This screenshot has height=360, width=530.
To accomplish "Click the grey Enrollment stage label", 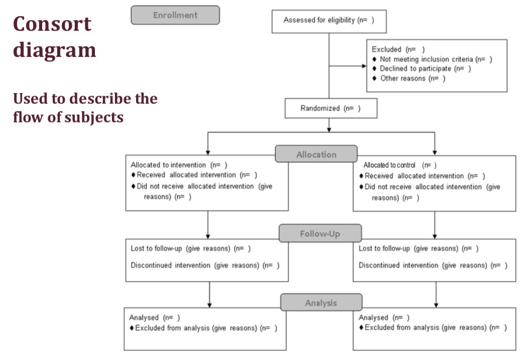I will point(175,15).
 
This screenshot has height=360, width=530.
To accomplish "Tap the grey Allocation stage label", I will point(316,154).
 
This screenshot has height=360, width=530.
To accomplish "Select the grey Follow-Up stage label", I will point(320,234).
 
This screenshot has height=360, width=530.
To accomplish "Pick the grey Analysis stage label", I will point(321,303).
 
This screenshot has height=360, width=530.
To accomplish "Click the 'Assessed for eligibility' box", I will point(329,21).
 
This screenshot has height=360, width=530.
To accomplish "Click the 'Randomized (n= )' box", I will point(331,109).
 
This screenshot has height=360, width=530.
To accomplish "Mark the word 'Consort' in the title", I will point(52,24).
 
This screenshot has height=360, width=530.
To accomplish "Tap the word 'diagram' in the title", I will point(54,50).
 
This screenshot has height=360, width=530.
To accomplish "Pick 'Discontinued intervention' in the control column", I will point(386,265).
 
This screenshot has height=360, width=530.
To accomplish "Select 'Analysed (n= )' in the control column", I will point(384,318).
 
